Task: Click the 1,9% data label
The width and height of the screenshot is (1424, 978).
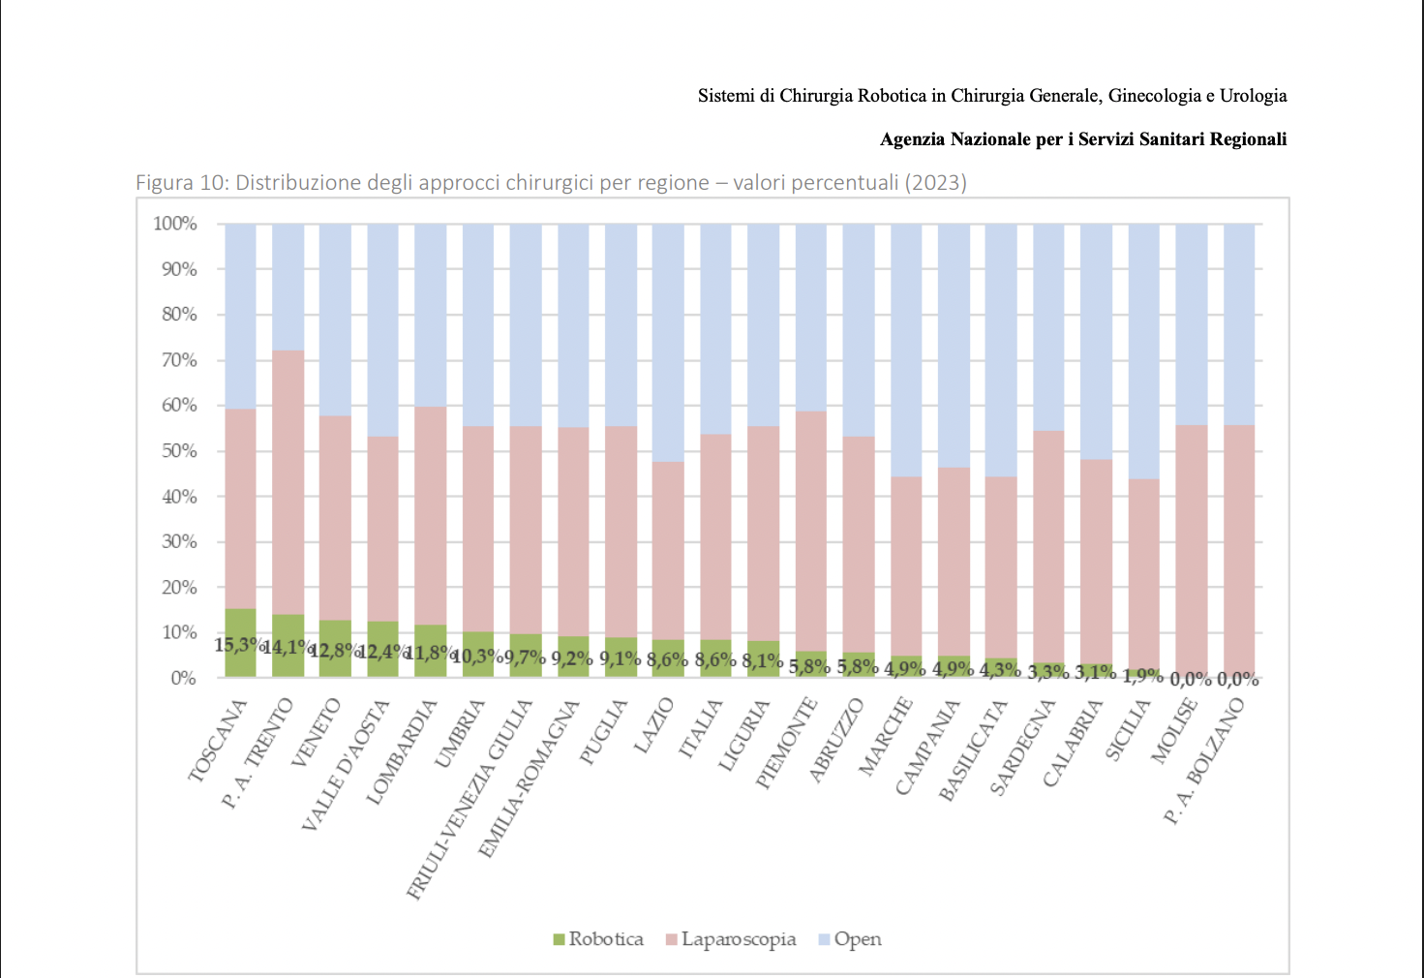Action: [x=1143, y=675]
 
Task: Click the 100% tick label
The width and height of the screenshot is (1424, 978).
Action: [x=175, y=224]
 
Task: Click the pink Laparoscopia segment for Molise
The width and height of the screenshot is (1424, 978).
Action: [x=1191, y=551]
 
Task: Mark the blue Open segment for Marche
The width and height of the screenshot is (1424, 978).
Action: [x=906, y=350]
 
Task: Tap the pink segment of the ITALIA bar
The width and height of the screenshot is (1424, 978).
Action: [x=715, y=536]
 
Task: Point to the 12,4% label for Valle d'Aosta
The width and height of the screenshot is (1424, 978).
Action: [x=380, y=652]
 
